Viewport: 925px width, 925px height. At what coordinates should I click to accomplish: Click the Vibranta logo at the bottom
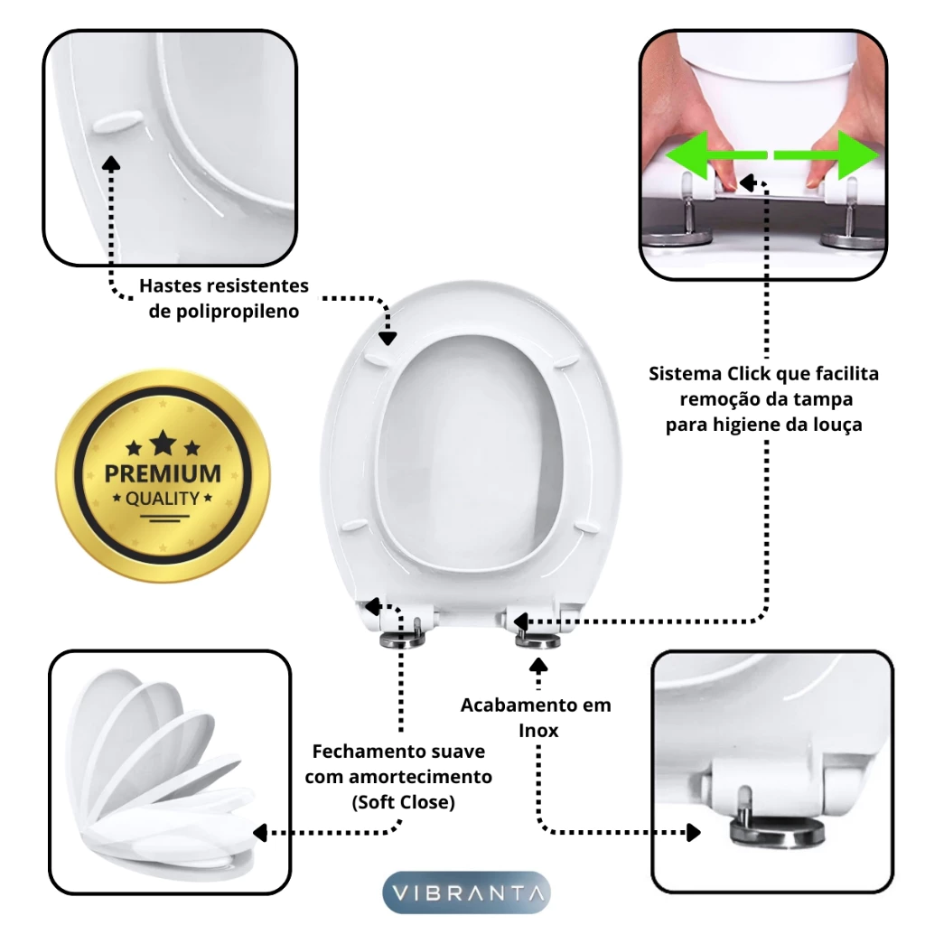click(466, 892)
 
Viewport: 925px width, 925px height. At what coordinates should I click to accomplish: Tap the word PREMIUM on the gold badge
click(163, 473)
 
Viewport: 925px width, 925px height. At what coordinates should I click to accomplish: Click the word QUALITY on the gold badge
click(163, 499)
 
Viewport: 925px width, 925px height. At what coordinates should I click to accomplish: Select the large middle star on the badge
click(163, 443)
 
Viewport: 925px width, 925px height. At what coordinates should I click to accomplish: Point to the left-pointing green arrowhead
click(687, 155)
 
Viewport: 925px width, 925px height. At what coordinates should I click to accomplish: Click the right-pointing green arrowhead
click(858, 154)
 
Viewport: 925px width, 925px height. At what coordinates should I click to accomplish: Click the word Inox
click(538, 730)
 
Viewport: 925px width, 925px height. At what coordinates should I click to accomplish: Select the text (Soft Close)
click(404, 802)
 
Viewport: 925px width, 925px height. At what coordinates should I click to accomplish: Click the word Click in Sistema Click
click(749, 373)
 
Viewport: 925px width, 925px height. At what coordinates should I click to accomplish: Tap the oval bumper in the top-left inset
click(118, 122)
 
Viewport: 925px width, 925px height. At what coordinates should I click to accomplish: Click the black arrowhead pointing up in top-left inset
click(111, 164)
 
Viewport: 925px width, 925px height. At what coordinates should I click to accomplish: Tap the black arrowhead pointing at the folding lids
click(261, 832)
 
